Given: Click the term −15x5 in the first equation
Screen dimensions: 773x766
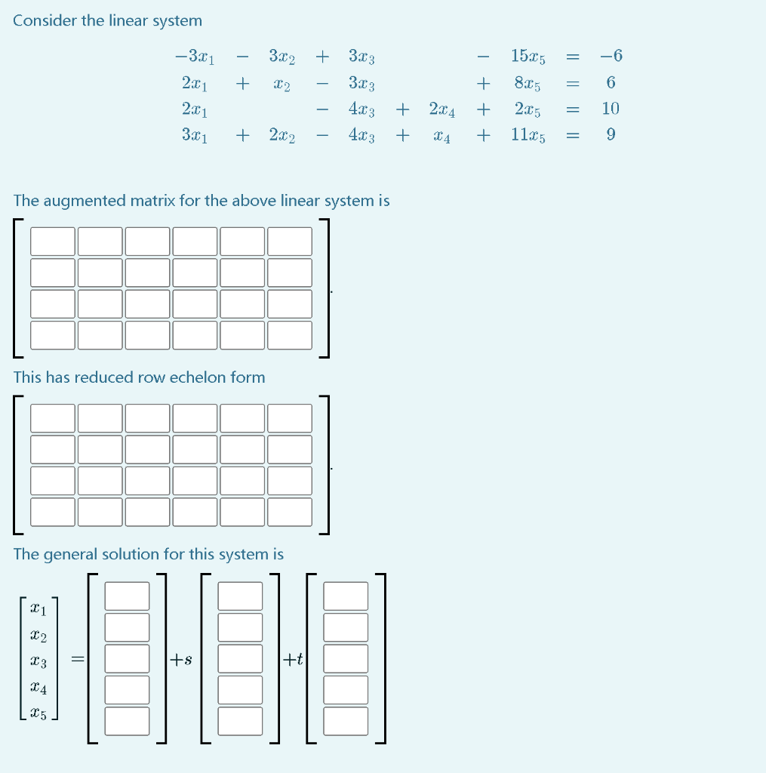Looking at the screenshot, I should pyautogui.click(x=528, y=56).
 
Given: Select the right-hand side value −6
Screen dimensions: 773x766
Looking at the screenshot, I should pyautogui.click(x=611, y=56).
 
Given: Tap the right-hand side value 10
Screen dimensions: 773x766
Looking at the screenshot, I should pyautogui.click(x=611, y=109).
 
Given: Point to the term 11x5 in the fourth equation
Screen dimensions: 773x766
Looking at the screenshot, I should pyautogui.click(x=528, y=135).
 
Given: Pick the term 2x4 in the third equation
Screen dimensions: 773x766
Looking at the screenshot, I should pyautogui.click(x=441, y=109).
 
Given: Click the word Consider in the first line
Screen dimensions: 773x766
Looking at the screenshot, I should pyautogui.click(x=44, y=21).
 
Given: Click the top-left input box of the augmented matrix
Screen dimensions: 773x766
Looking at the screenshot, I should pyautogui.click(x=53, y=242).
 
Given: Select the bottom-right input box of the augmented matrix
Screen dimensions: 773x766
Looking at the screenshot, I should pyautogui.click(x=290, y=335).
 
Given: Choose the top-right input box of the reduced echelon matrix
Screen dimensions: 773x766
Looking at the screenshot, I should pyautogui.click(x=290, y=418).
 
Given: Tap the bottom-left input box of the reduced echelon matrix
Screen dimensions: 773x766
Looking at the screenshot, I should pyautogui.click(x=53, y=512).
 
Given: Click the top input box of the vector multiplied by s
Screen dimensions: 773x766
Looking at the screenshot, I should pyautogui.click(x=240, y=596).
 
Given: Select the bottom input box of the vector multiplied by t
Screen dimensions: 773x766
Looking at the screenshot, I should pyautogui.click(x=346, y=721).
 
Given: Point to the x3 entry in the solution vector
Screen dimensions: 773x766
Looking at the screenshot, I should pyautogui.click(x=38, y=663).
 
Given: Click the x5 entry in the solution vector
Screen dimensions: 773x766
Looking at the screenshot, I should pyautogui.click(x=38, y=714).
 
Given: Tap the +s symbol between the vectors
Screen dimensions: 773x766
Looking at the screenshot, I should pyautogui.click(x=180, y=660).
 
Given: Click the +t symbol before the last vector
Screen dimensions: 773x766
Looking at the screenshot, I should pyautogui.click(x=293, y=660).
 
